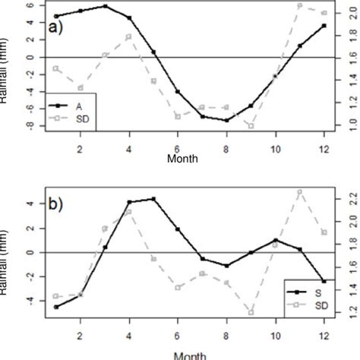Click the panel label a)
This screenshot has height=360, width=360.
pos(55,29)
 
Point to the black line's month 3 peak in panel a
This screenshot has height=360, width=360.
pos(105,6)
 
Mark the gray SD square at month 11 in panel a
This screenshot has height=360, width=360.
pos(300,5)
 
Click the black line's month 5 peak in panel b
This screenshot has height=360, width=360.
pos(153,199)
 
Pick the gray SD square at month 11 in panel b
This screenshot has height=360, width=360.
pos(300,191)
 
